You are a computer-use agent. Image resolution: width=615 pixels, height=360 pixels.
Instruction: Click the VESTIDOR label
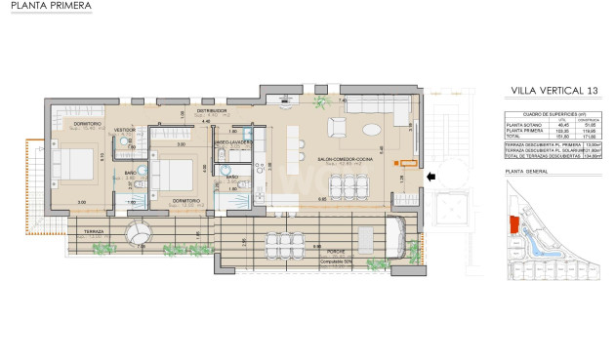[125, 130]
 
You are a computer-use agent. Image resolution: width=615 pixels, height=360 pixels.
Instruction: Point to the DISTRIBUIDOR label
[212, 111]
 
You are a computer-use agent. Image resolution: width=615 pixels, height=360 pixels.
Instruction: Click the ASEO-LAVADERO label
[234, 142]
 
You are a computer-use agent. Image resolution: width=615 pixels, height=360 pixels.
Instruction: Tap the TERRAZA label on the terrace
[89, 230]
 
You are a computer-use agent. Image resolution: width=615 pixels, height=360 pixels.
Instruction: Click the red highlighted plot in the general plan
[515, 221]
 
